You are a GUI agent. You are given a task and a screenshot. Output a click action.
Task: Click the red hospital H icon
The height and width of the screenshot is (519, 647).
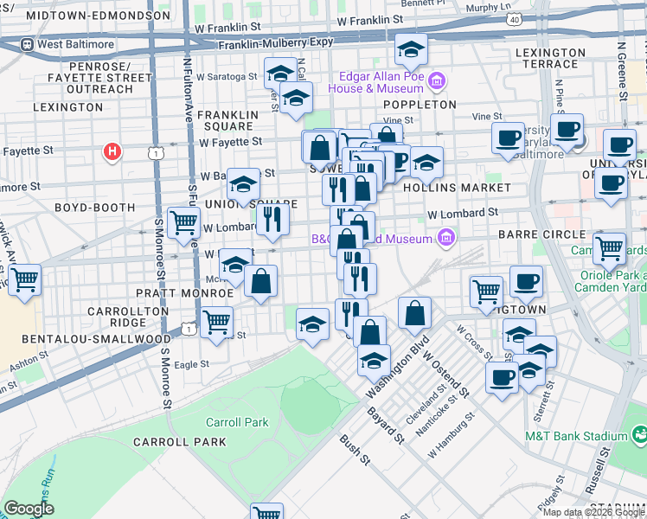coord(111,153)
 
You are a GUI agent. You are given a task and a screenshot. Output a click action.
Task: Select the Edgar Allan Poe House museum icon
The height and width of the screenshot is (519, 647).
coord(438,82)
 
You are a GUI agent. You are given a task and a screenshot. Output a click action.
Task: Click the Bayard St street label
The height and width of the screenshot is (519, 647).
coord(388,420)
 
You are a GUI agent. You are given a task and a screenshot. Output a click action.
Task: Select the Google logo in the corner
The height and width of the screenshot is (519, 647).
coord(29,509)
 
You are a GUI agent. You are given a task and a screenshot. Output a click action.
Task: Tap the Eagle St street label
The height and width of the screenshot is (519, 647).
coord(191,365)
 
